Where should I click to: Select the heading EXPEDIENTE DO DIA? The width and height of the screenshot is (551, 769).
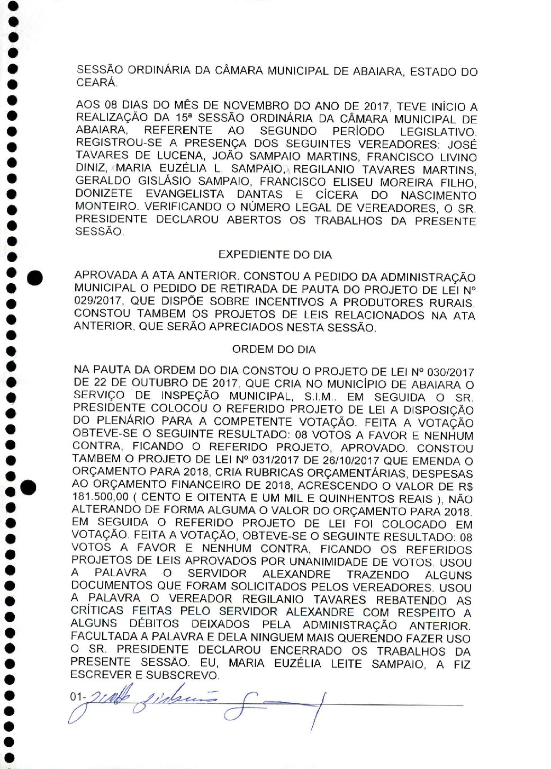point(275,255)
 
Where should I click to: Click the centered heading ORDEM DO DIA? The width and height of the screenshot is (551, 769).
point(274,350)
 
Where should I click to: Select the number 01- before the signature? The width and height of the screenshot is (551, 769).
point(77,697)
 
